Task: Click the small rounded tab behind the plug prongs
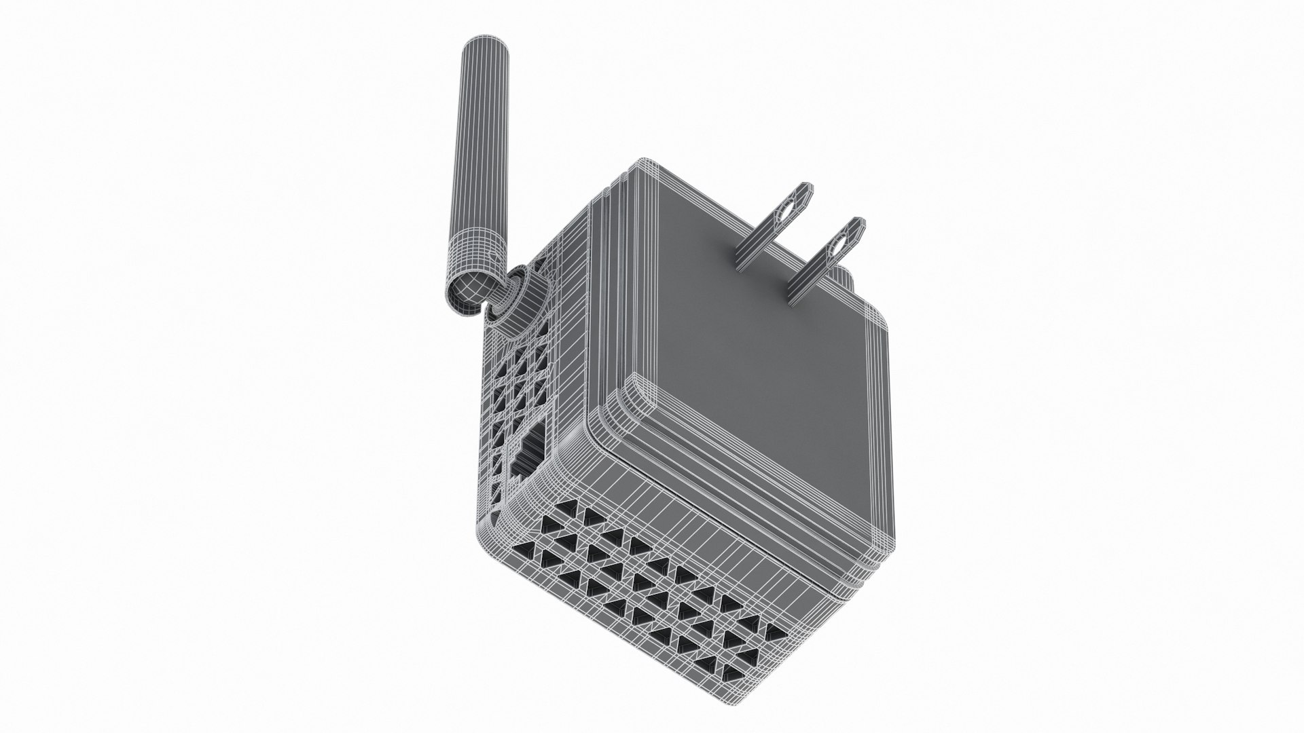coord(844,274)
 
